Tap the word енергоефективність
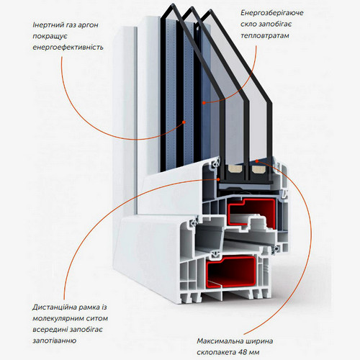68,47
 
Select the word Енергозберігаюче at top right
272,13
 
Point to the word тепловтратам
265,36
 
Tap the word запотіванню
55,341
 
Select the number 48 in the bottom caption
243,352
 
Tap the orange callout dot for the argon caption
184,122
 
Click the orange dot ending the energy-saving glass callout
204,103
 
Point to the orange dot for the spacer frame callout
218,179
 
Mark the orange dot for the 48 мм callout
257,161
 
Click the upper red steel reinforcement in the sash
251,211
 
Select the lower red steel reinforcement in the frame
230,271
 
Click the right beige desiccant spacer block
258,169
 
